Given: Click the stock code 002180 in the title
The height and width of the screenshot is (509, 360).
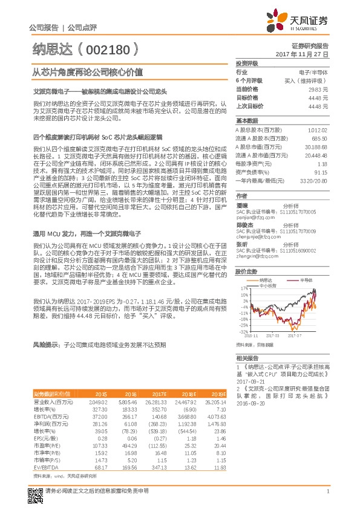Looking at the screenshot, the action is coord(109,48).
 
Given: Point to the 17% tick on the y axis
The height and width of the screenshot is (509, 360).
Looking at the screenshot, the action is coord(244,289).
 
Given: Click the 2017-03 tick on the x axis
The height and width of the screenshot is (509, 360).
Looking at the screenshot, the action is coord(276,334).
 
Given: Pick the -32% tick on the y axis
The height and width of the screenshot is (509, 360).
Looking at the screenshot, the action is coord(243,331).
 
